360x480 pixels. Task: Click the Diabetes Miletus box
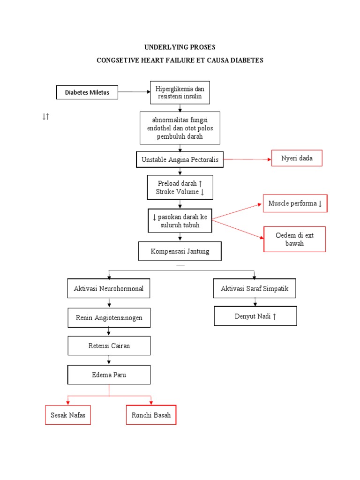(x=87, y=92)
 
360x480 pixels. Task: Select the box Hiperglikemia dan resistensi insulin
(x=180, y=92)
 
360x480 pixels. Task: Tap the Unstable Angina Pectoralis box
(x=180, y=160)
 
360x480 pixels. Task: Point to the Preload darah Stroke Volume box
(x=180, y=187)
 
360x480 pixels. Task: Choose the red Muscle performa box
(x=295, y=203)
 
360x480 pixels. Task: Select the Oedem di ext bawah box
(x=295, y=239)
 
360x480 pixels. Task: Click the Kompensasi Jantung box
(x=180, y=251)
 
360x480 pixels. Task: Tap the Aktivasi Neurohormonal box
(x=109, y=289)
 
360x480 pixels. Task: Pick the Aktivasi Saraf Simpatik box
(x=255, y=289)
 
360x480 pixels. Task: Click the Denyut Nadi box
(x=255, y=316)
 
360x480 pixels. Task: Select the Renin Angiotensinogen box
(x=109, y=318)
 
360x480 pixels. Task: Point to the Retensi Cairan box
(x=109, y=346)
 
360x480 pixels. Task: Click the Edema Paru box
(x=109, y=375)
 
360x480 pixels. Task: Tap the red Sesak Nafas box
(x=68, y=415)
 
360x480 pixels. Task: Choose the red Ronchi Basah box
(x=151, y=415)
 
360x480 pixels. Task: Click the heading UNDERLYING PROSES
(x=180, y=47)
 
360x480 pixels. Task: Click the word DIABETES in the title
(x=247, y=60)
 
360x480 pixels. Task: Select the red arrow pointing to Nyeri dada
(x=247, y=159)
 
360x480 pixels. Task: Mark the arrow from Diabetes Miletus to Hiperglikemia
(x=134, y=92)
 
